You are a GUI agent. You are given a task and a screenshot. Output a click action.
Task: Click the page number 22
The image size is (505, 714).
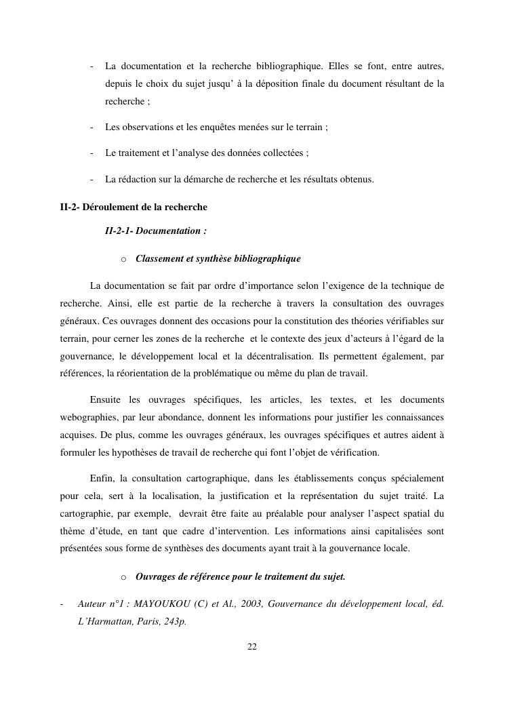252,647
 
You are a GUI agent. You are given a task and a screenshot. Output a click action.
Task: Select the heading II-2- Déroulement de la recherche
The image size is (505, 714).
134,206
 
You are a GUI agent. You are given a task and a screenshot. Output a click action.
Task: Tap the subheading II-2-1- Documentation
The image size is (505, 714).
155,231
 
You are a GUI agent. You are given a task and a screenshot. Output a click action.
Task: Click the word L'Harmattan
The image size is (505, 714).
102,620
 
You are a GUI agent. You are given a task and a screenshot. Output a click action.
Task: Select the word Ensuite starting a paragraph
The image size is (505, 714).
105,399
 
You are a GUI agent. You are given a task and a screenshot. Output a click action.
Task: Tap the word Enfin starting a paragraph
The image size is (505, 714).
100,479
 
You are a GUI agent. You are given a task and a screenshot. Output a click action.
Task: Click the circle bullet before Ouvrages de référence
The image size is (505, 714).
123,577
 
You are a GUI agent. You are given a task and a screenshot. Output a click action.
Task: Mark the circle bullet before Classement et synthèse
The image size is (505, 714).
123,259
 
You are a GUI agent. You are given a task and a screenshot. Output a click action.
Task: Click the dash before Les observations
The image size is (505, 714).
91,127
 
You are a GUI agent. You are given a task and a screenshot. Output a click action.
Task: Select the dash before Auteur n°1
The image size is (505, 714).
62,603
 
